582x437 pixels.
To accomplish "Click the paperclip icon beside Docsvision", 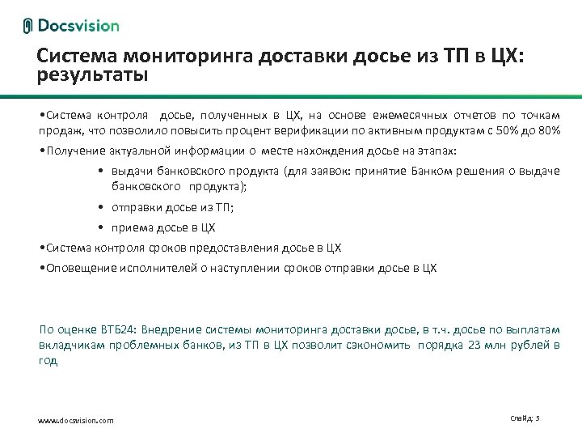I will point(28,26).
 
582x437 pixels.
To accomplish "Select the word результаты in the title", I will point(93,76).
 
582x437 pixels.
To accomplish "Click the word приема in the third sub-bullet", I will point(132,227).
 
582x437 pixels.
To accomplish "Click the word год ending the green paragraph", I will point(48,361).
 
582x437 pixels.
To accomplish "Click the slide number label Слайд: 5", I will point(525,418).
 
